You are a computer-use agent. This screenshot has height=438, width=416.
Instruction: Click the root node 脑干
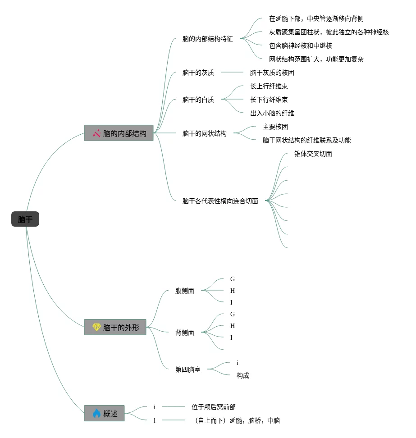25,219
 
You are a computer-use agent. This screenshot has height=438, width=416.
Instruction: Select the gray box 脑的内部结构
119,133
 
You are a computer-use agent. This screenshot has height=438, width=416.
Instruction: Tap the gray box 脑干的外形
115,327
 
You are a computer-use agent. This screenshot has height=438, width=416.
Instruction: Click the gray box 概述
104,413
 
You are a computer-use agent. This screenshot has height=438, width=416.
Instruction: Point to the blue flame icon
96,413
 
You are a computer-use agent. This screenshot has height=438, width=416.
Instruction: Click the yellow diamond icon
96,327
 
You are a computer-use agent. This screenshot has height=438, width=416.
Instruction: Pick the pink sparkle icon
96,133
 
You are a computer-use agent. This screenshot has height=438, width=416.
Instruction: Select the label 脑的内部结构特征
208,39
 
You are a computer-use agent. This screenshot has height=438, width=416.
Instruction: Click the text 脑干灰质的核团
272,73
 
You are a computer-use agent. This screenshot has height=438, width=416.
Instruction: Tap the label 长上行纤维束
269,86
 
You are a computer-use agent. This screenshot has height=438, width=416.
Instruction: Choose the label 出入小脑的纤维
272,113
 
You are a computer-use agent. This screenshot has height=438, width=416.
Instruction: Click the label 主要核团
275,127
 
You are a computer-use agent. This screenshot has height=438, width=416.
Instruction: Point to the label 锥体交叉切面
313,154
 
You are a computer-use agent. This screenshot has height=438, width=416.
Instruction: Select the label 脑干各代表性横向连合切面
220,201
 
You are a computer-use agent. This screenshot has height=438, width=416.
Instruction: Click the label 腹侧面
185,291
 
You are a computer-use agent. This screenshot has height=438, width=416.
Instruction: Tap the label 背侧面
185,333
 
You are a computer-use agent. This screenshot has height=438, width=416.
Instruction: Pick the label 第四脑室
188,370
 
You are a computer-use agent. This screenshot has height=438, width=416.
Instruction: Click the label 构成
243,375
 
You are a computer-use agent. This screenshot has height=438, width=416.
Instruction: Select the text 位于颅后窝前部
214,407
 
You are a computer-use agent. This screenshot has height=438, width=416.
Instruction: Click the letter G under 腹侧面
233,279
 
